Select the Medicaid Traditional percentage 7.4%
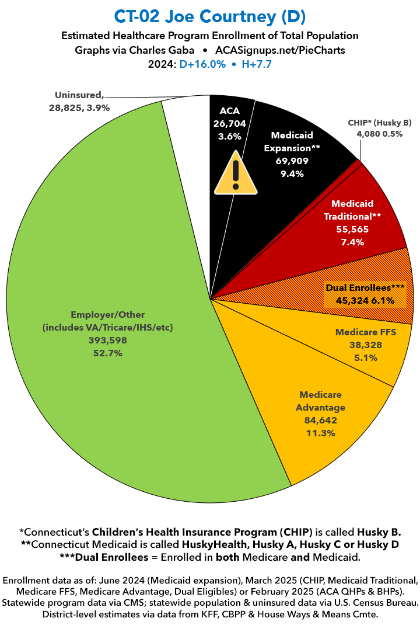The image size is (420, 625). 352,242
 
